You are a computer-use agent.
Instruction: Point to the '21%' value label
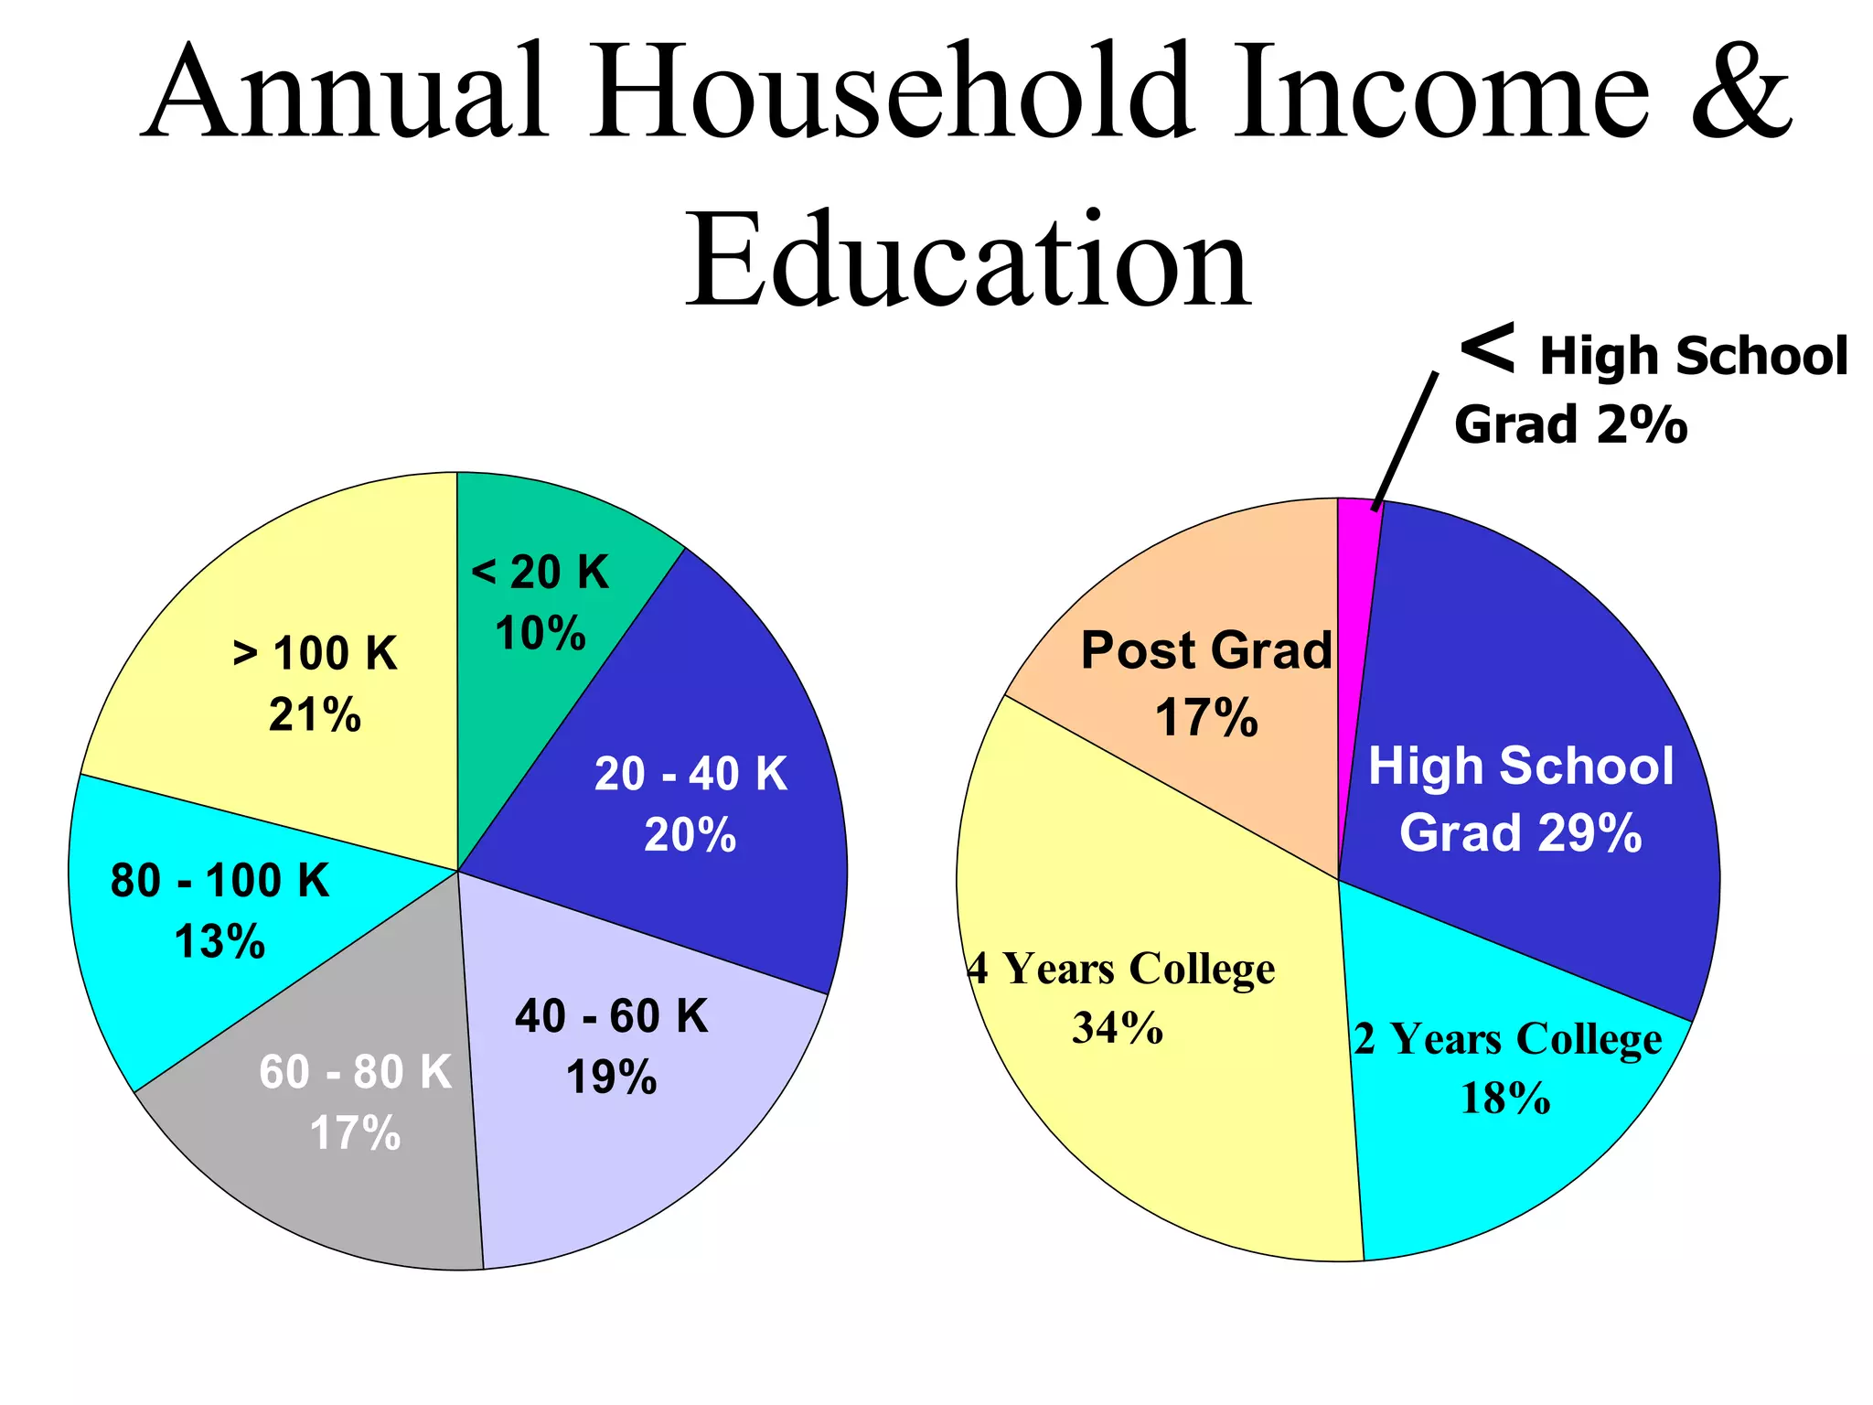tap(315, 714)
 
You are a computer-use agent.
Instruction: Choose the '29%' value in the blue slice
tap(1589, 833)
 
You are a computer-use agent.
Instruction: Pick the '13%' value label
tap(219, 941)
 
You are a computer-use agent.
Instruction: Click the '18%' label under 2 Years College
tap(1505, 1098)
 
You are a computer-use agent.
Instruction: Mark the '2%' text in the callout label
tap(1643, 425)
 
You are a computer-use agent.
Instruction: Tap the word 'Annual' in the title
tap(348, 91)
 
